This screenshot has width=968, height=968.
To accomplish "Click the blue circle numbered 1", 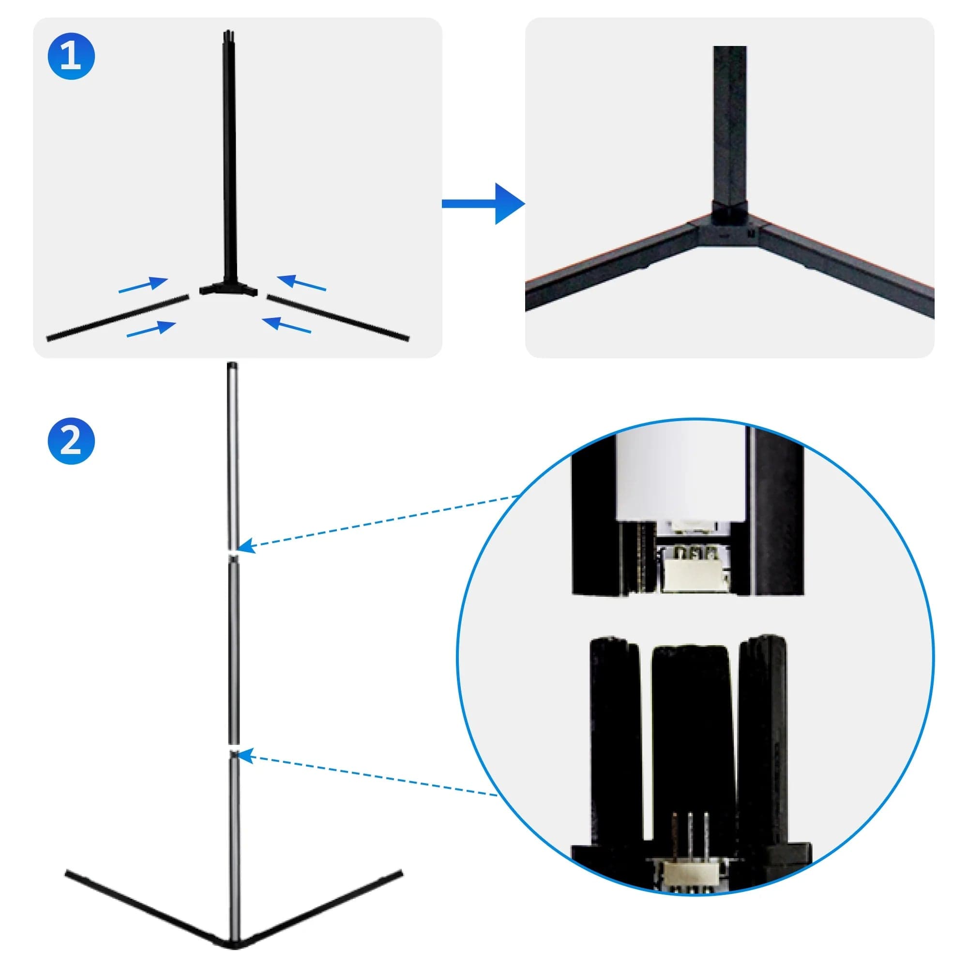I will [x=71, y=56].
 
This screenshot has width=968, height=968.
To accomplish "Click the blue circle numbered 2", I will [x=71, y=441].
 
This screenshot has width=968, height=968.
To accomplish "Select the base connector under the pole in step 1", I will [x=228, y=289].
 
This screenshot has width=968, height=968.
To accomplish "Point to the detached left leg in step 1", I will [x=118, y=318].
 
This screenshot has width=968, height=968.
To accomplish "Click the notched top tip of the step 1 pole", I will [x=228, y=35].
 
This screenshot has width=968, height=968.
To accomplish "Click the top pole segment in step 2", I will [x=233, y=456].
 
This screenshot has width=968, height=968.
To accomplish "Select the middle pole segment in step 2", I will [x=234, y=651].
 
